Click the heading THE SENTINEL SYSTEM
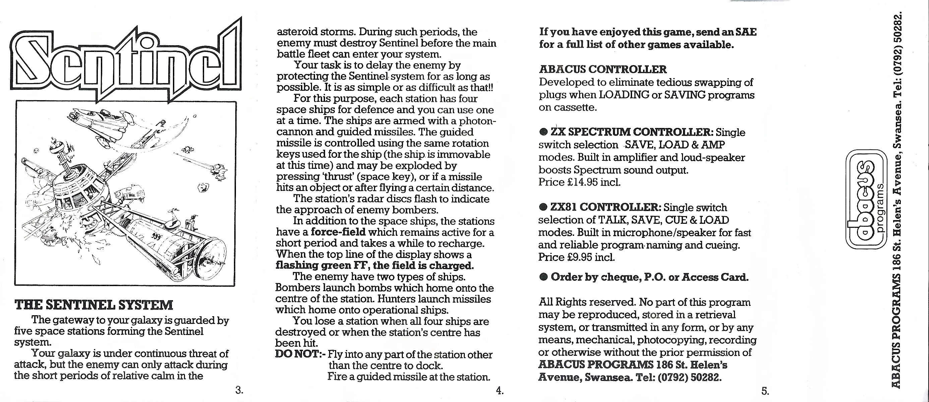(94, 305)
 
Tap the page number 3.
(239, 390)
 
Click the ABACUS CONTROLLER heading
(603, 69)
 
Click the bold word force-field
(338, 232)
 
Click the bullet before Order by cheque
(544, 277)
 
